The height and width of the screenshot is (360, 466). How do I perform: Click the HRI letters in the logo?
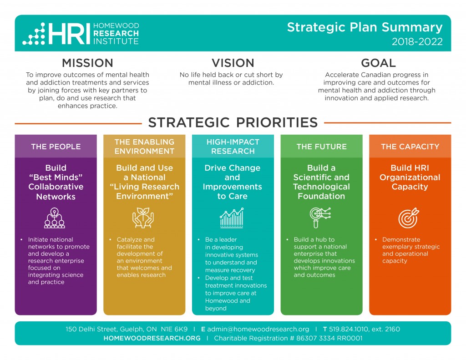tap(69, 34)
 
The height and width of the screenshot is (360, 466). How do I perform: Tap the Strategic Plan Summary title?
tap(365, 27)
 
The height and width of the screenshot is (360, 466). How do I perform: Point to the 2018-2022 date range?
tap(417, 41)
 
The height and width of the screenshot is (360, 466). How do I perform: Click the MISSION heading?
tap(87, 63)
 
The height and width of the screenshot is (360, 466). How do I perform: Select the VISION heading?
tap(233, 63)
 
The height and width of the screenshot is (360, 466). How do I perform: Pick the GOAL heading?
tap(378, 63)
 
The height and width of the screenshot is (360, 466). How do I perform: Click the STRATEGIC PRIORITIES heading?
tap(233, 122)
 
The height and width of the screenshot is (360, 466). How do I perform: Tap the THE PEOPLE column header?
tap(56, 147)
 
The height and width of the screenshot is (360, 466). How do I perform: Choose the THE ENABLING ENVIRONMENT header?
tap(144, 147)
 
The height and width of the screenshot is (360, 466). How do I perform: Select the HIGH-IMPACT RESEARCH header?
tap(233, 147)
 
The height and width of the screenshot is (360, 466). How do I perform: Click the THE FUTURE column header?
tap(322, 147)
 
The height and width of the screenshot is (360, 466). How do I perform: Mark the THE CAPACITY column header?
tap(410, 147)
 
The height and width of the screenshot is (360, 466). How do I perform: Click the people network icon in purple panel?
tap(55, 218)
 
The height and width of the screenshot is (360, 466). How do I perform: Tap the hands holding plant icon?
tap(143, 218)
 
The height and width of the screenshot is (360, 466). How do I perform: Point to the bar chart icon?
tap(232, 218)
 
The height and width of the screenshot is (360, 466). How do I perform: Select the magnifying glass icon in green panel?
tap(320, 218)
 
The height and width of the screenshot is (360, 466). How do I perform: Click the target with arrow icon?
tap(409, 218)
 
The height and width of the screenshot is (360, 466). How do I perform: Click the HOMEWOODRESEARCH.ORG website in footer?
tap(152, 338)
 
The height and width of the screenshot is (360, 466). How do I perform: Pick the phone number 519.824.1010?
tap(348, 329)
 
